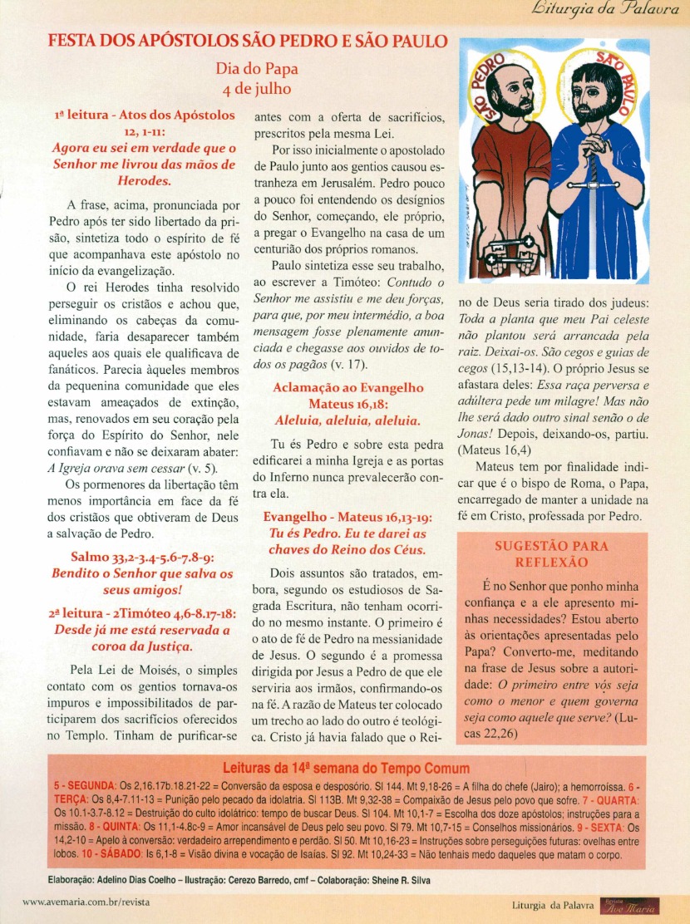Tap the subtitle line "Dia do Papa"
(x=256, y=70)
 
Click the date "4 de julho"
(x=256, y=88)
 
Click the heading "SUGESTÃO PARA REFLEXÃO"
(x=551, y=554)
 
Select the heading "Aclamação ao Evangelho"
(x=347, y=388)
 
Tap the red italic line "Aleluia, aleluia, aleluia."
(x=347, y=420)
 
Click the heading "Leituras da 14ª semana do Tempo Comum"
(x=345, y=769)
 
